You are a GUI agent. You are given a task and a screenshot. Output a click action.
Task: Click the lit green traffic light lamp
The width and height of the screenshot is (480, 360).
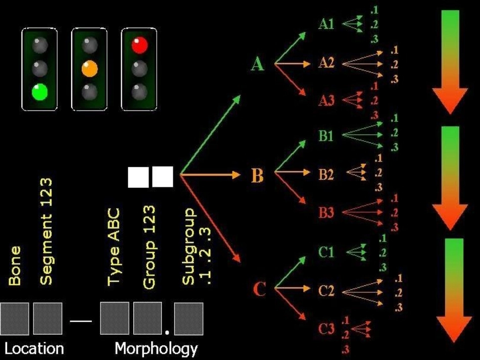(40, 92)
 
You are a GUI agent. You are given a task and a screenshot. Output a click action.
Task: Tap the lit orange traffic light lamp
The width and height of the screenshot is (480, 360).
(90, 69)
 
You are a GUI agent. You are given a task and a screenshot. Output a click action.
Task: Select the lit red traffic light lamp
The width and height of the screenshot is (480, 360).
(139, 45)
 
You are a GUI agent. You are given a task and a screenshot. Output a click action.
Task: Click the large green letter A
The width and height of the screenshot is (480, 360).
(257, 64)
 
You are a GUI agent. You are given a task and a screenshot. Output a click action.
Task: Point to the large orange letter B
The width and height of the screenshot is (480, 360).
(257, 176)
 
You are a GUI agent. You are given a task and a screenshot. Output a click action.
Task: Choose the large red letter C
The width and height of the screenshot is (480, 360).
(259, 289)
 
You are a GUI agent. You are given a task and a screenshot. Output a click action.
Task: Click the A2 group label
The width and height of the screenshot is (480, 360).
(326, 63)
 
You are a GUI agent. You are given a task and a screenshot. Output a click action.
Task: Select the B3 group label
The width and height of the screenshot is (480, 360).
(326, 213)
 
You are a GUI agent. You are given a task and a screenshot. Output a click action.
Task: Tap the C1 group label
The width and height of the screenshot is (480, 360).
(326, 252)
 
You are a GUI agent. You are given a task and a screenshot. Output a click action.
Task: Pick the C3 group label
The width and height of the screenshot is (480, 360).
(326, 329)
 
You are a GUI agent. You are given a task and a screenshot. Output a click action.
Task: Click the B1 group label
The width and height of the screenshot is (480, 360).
(326, 136)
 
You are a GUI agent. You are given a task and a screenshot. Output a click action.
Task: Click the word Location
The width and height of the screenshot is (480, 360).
(34, 349)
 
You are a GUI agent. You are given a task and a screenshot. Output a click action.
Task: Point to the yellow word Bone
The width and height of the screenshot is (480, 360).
(15, 266)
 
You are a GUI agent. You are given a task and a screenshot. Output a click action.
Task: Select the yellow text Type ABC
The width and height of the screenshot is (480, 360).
(114, 247)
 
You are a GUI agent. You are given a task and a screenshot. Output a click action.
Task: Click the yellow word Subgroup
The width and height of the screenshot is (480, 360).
(188, 246)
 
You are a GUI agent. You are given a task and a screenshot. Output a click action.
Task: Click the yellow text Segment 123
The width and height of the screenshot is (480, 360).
(46, 231)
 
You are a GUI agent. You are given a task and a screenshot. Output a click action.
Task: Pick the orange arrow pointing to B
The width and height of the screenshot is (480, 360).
(210, 175)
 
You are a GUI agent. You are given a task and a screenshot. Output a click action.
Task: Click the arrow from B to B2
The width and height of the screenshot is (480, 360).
(293, 172)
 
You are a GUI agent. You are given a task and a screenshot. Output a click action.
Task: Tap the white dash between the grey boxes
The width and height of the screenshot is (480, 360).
(81, 321)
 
